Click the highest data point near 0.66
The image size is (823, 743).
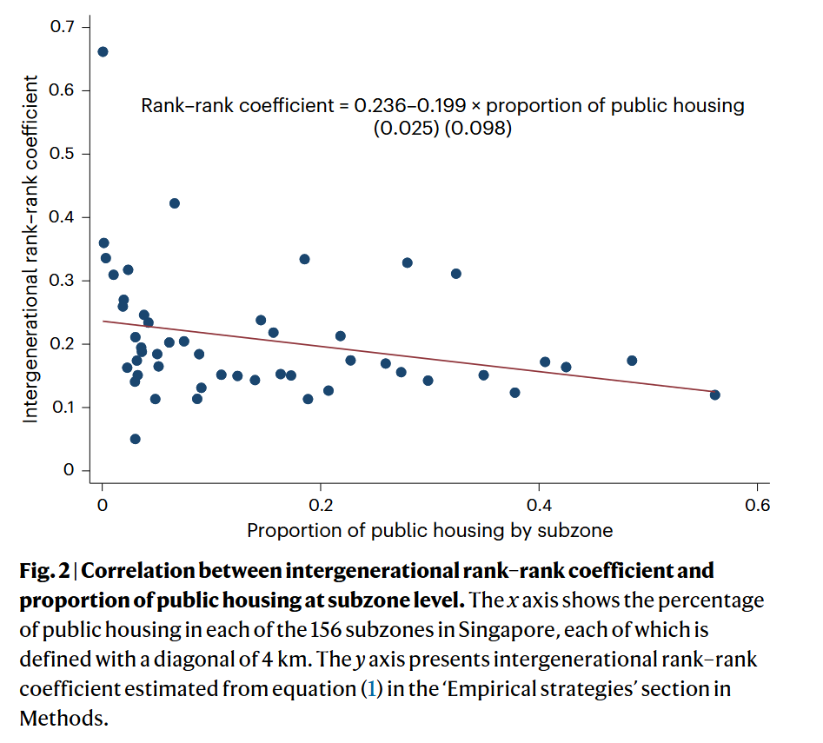point(103,51)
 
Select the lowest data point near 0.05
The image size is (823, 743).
point(135,439)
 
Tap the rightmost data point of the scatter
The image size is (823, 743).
point(715,395)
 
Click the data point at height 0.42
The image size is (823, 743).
point(175,203)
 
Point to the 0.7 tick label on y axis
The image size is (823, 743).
point(62,26)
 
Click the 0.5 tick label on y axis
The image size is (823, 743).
point(62,154)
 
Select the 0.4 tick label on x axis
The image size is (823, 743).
point(539,505)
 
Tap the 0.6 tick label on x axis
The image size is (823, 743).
point(758,505)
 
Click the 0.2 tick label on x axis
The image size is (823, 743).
point(321,505)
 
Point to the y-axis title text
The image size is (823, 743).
point(30,249)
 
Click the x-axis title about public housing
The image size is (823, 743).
point(430,530)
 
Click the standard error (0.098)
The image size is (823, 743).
point(478,128)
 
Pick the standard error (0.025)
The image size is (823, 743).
point(406,128)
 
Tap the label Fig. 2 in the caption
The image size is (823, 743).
point(44,571)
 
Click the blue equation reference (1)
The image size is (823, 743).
point(372,689)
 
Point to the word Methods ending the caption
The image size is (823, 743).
point(63,719)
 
